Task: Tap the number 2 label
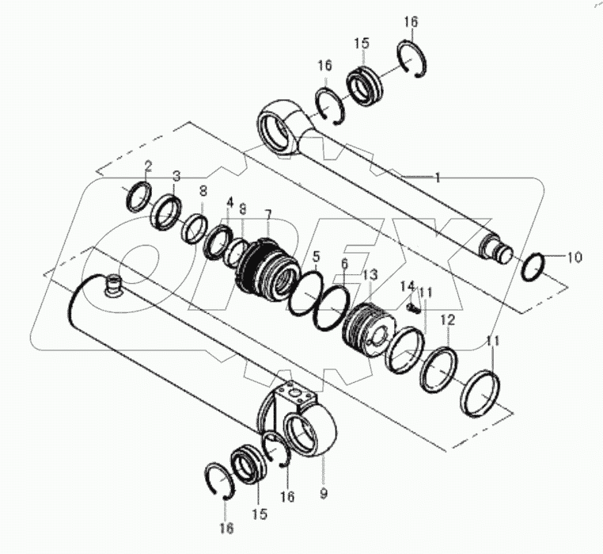[x=147, y=165]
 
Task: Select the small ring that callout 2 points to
[x=139, y=195]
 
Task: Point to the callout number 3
[x=176, y=175]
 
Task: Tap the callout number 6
[x=344, y=263]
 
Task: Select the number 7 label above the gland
[x=268, y=215]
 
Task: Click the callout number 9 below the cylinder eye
[x=324, y=492]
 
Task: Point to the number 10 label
[x=575, y=257]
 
